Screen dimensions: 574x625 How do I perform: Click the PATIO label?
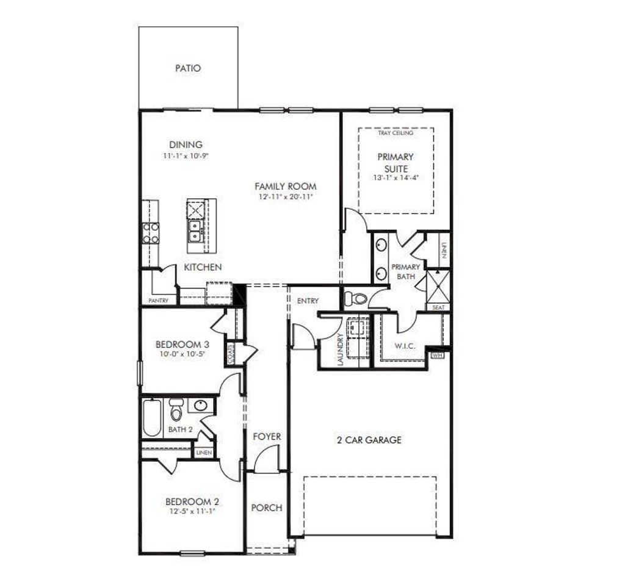click(x=187, y=69)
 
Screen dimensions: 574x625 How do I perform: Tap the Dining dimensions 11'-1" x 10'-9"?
click(x=186, y=156)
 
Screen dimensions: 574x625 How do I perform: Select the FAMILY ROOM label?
click(x=286, y=186)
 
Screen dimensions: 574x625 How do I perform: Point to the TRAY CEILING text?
click(x=395, y=133)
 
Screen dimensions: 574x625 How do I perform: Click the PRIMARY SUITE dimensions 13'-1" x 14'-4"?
click(x=396, y=178)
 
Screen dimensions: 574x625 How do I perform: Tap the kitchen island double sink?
click(x=196, y=232)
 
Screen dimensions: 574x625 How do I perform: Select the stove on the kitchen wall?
click(x=150, y=232)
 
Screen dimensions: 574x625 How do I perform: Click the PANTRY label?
click(x=158, y=301)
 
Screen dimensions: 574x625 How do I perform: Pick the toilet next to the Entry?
click(x=355, y=299)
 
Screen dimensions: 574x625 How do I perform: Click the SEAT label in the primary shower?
click(x=438, y=307)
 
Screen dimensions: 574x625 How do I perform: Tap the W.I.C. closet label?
click(x=404, y=346)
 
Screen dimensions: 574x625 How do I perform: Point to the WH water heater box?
click(x=437, y=354)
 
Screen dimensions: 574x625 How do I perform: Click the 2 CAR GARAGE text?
click(x=369, y=440)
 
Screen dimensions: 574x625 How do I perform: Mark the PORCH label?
click(x=267, y=508)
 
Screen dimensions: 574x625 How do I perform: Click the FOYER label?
click(x=267, y=436)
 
